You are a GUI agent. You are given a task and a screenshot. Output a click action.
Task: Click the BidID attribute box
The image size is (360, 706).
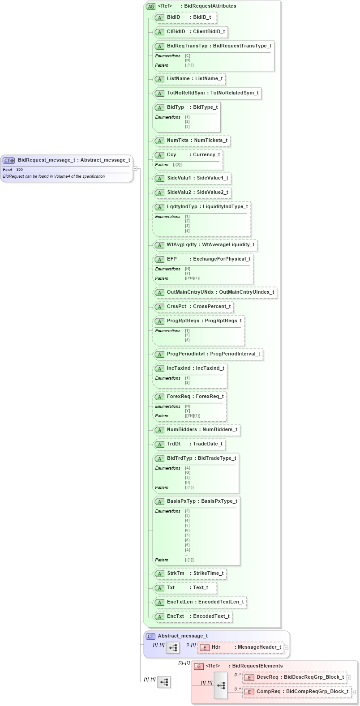[x=185, y=17]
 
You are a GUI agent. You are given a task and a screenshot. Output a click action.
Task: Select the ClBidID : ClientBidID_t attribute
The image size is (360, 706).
[x=191, y=32]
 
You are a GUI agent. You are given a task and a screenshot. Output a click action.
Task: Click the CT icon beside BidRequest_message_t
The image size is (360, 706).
[x=9, y=160]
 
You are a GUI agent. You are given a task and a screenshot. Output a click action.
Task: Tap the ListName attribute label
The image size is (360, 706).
[x=178, y=79]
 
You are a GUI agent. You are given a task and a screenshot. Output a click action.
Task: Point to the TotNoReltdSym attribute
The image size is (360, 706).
[x=207, y=93]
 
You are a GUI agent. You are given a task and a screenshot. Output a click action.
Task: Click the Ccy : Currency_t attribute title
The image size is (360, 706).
[x=188, y=155]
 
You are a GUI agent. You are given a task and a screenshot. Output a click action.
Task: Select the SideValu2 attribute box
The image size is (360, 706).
[x=192, y=193]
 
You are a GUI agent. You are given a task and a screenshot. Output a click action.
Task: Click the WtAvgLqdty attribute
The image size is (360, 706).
[x=206, y=245]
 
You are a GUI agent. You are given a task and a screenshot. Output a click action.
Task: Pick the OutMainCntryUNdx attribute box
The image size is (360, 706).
[x=215, y=292]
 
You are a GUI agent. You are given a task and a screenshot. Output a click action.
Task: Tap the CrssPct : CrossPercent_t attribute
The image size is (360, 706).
[x=193, y=307]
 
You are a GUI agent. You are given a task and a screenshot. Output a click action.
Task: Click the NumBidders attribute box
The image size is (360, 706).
[x=197, y=430]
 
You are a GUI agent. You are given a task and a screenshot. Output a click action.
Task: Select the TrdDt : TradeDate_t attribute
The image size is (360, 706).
[x=189, y=444]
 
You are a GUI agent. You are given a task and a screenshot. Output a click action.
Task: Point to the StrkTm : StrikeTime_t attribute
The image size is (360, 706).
[x=190, y=573]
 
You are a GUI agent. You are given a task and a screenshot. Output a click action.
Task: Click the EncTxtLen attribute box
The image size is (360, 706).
[x=200, y=602]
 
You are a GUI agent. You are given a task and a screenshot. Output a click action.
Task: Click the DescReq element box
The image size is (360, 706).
[x=294, y=677]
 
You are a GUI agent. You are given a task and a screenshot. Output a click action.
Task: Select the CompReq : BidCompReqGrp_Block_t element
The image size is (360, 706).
[x=296, y=692]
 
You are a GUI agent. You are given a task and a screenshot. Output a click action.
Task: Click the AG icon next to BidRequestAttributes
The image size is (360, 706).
[x=150, y=6]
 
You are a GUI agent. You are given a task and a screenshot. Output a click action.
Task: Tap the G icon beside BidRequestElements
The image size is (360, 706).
[x=198, y=666]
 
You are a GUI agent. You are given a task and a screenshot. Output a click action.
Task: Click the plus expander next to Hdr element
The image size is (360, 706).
[x=286, y=647]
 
